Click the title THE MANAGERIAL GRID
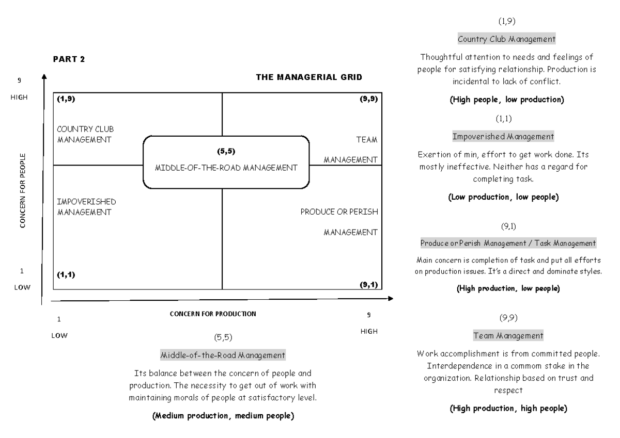pyautogui.click(x=309, y=77)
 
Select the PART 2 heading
pyautogui.click(x=69, y=59)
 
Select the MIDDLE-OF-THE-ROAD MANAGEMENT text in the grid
pyautogui.click(x=227, y=168)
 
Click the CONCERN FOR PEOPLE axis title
pyautogui.click(x=23, y=190)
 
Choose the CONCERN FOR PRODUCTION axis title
pyautogui.click(x=213, y=314)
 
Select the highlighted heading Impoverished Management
pyautogui.click(x=503, y=137)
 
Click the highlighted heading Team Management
pyautogui.click(x=508, y=336)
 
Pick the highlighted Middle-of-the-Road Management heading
pyautogui.click(x=223, y=355)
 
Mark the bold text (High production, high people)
pyautogui.click(x=508, y=409)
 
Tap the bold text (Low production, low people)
pyautogui.click(x=503, y=197)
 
